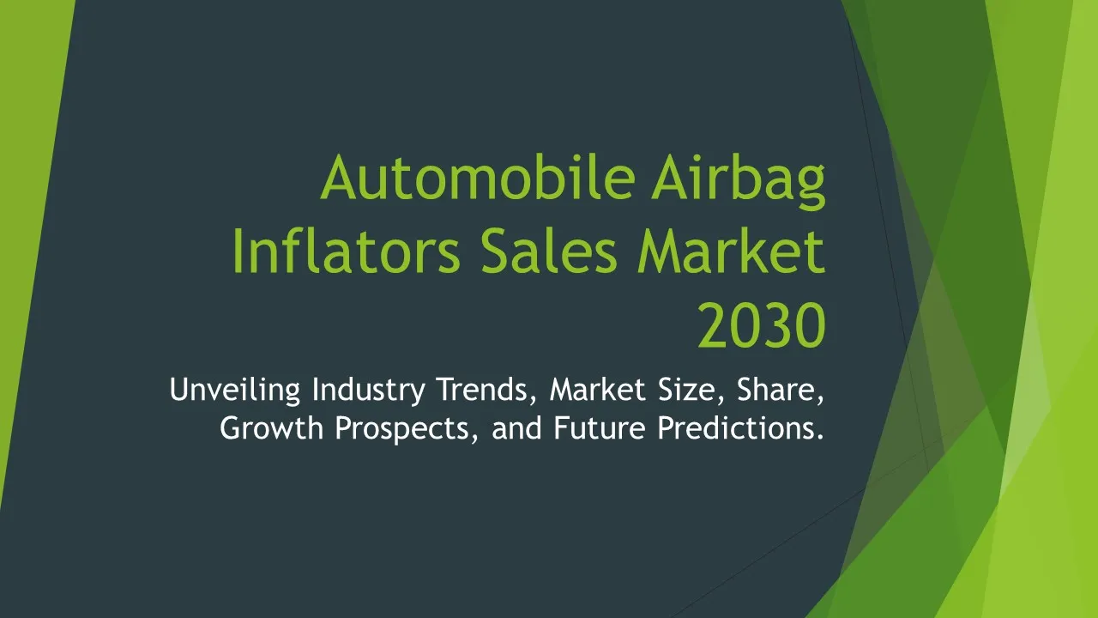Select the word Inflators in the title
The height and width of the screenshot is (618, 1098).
point(346,251)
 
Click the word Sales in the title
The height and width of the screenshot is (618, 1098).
point(548,251)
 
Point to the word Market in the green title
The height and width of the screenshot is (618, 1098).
point(732,251)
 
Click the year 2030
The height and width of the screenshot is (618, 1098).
point(763,325)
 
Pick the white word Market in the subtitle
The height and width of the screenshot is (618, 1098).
point(598,390)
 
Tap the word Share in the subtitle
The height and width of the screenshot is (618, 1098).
point(780,391)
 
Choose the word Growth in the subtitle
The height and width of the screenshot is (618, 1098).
point(272,427)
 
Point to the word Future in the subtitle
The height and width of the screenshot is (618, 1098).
point(600,427)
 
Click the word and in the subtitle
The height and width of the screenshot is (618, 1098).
point(516,427)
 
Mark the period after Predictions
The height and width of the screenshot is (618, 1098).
point(820,437)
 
